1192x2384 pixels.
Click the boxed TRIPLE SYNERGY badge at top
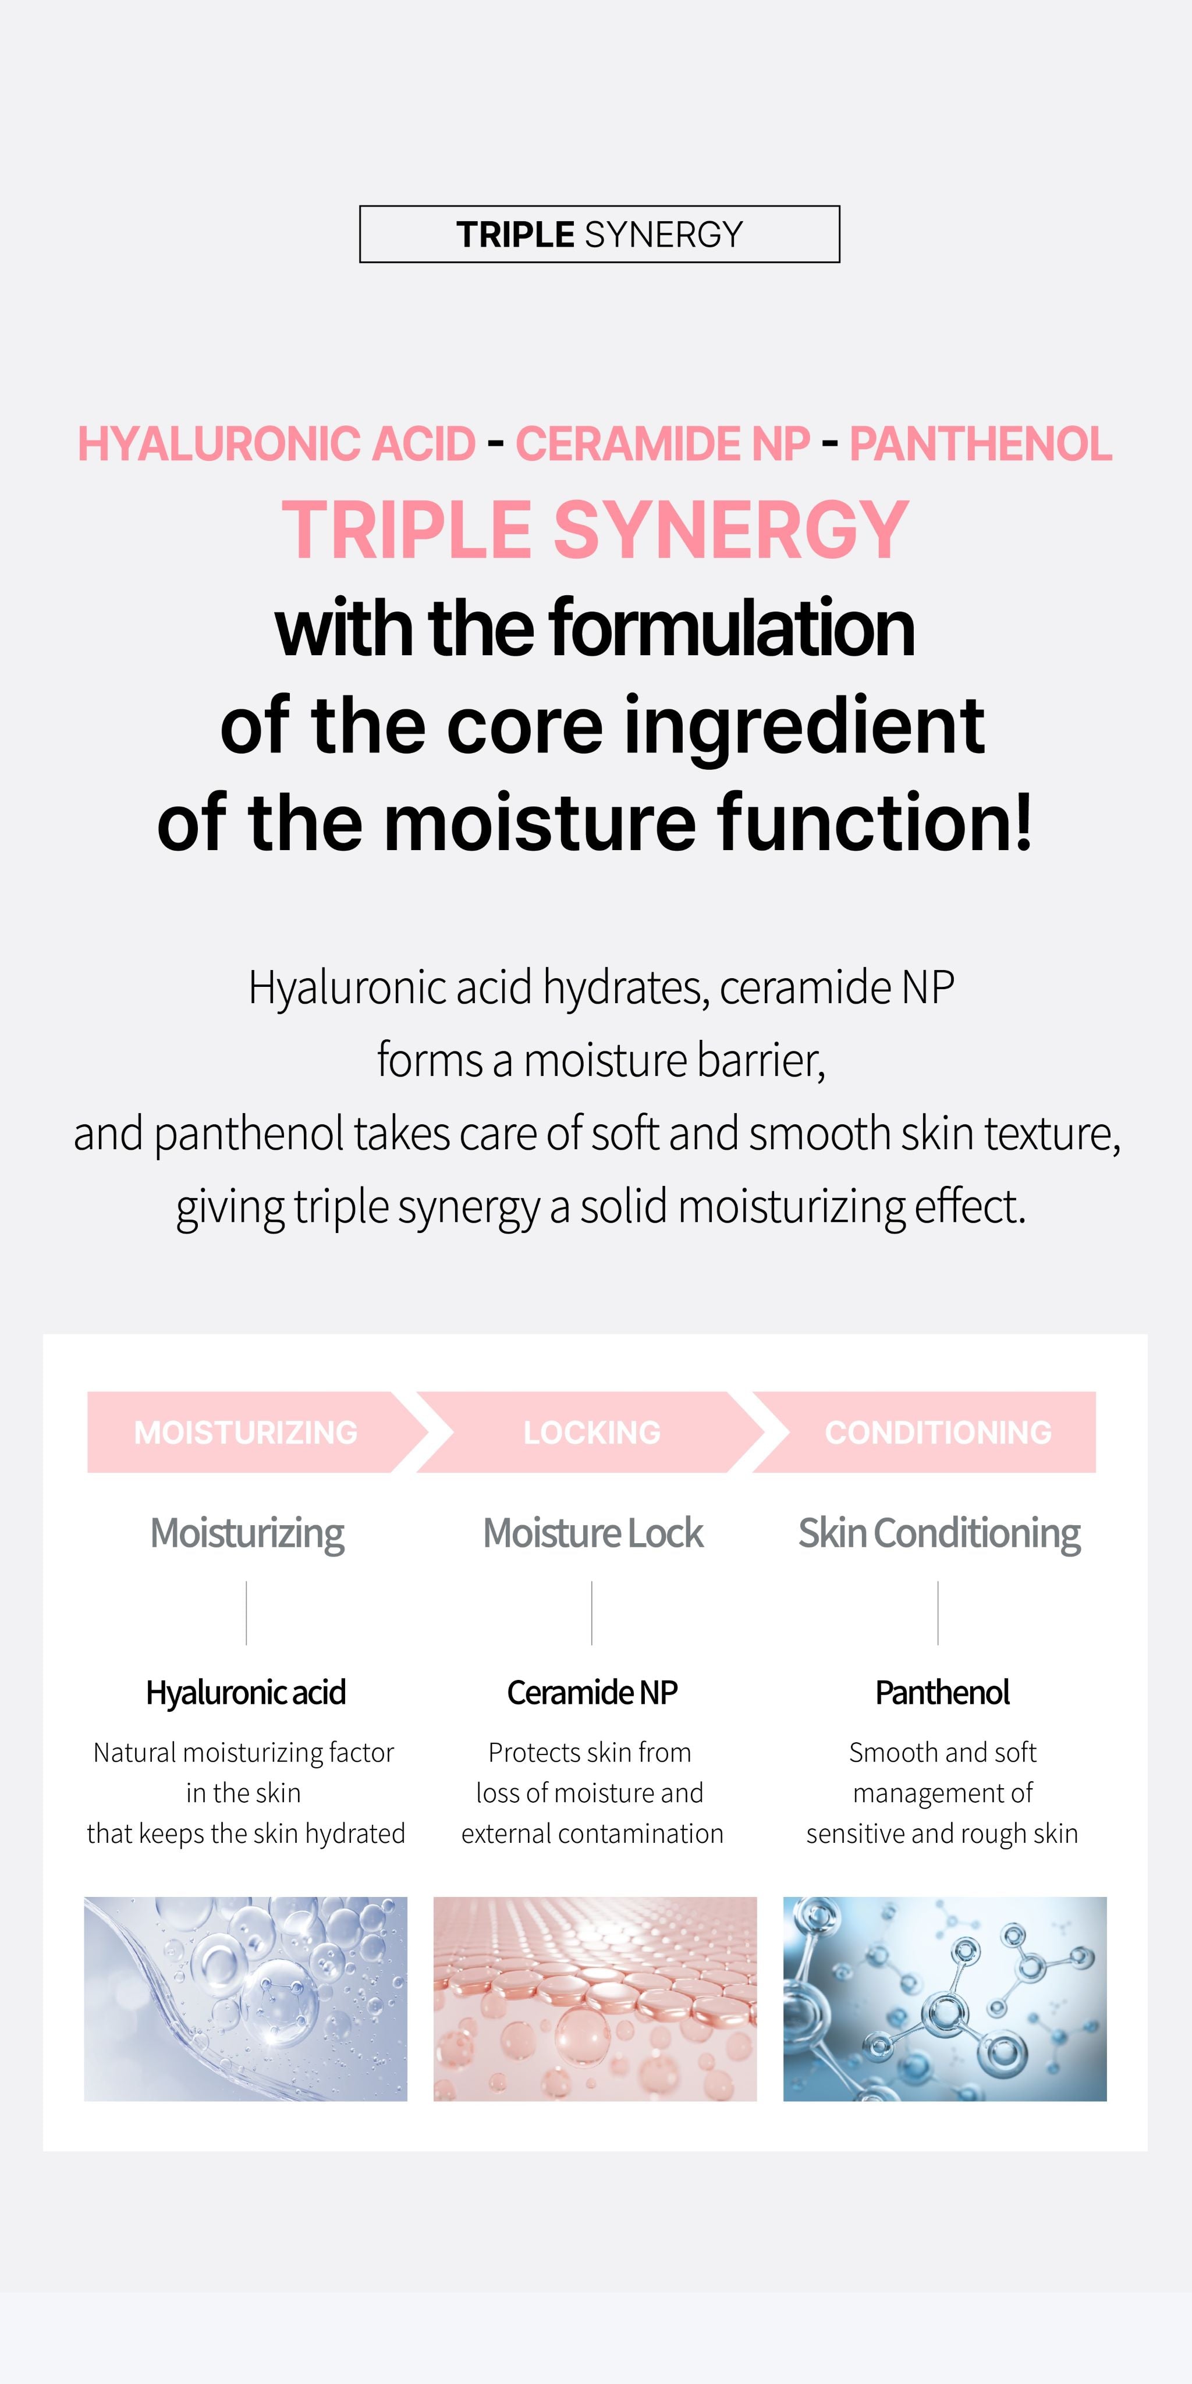pos(599,234)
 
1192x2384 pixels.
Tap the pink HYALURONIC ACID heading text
pos(276,443)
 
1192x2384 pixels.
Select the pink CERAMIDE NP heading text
pos(662,443)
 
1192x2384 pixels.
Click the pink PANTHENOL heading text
pos(980,443)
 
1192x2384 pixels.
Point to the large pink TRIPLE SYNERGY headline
pos(595,530)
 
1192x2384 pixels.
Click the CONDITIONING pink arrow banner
pos(938,1431)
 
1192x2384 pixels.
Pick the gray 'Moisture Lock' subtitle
pos(593,1533)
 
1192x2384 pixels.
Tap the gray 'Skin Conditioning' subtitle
pos(938,1533)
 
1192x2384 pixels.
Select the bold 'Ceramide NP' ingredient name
pos(593,1693)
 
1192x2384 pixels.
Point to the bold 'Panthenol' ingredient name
pos(942,1693)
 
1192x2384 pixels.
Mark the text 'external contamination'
pos(593,1834)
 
